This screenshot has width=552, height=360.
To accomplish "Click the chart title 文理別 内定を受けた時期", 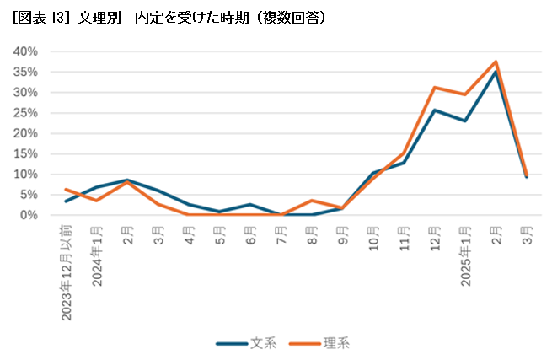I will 169,16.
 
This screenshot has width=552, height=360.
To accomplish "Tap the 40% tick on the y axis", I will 26,51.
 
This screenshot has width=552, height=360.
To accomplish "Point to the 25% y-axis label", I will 26,113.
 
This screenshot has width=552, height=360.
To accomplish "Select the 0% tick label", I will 29,215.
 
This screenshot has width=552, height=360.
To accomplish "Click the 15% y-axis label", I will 26,153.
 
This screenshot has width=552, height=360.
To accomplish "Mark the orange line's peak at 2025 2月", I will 496,62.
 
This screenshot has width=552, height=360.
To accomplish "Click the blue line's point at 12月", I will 434,110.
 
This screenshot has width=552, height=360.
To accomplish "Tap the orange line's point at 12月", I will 434,88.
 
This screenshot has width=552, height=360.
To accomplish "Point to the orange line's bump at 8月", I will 312,201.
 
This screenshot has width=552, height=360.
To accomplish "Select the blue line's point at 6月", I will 250,205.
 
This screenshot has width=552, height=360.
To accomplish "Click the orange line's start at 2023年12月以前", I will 67,190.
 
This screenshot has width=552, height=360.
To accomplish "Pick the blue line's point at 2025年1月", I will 465,121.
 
